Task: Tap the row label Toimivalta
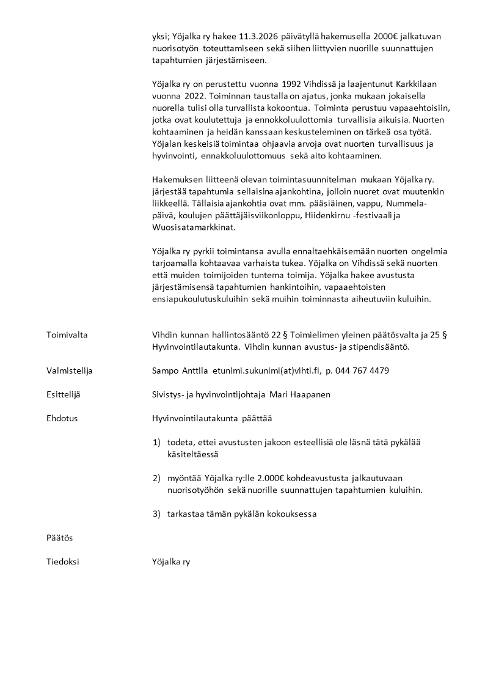(67, 335)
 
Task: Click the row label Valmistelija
(70, 371)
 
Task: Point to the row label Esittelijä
(64, 395)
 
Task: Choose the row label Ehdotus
(62, 419)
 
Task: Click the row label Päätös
(59, 538)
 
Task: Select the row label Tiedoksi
(62, 562)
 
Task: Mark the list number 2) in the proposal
(156, 478)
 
